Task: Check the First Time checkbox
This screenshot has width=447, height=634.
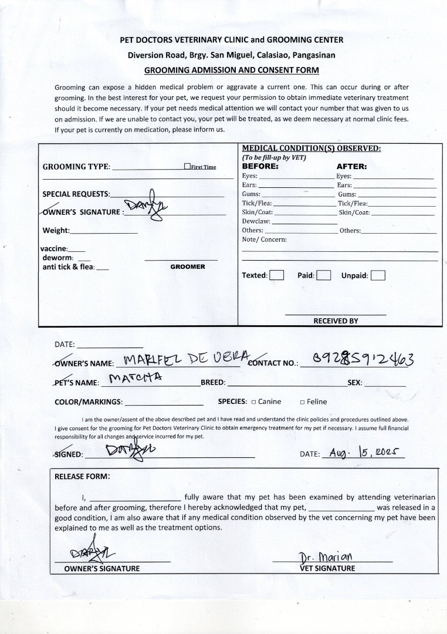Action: (187, 167)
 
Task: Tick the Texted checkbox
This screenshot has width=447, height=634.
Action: (277, 275)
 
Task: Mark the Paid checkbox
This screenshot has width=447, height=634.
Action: (324, 275)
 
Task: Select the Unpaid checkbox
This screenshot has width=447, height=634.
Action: (378, 275)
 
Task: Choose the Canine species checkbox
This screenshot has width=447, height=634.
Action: (253, 402)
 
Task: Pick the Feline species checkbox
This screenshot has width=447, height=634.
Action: (302, 402)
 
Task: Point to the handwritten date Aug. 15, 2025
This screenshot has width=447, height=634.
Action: (364, 453)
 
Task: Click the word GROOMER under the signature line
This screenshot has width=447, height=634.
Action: (188, 267)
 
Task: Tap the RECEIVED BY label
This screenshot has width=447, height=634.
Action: (336, 321)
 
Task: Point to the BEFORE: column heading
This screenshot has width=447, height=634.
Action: (260, 166)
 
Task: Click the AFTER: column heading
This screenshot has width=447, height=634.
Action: (351, 166)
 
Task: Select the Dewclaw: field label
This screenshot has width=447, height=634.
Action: (256, 221)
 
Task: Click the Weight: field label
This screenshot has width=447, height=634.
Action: (56, 231)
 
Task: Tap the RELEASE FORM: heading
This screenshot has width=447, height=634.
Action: (82, 476)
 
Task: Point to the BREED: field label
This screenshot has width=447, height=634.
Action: (213, 382)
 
